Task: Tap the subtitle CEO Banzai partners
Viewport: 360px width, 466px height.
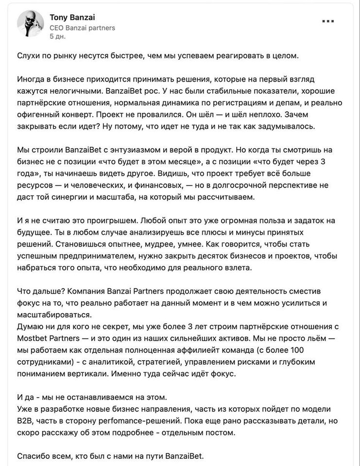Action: click(82, 28)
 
